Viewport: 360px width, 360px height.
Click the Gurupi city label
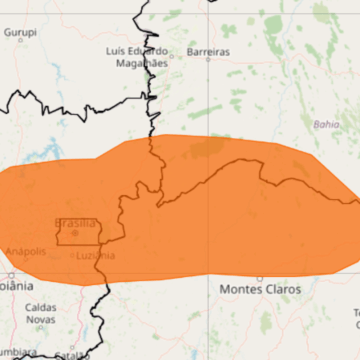point(20,33)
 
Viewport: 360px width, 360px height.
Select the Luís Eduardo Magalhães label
point(135,56)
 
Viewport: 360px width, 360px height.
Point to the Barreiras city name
point(208,51)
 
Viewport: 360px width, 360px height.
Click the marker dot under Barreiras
point(208,61)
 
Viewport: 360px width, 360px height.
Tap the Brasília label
point(75,222)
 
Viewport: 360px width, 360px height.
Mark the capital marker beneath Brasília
point(74,233)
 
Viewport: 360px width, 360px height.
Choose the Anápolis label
point(25,251)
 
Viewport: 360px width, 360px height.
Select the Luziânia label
point(95,255)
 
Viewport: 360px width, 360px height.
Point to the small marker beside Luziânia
point(73,256)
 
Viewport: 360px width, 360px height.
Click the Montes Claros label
point(259,288)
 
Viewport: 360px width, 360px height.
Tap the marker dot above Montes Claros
point(259,277)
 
